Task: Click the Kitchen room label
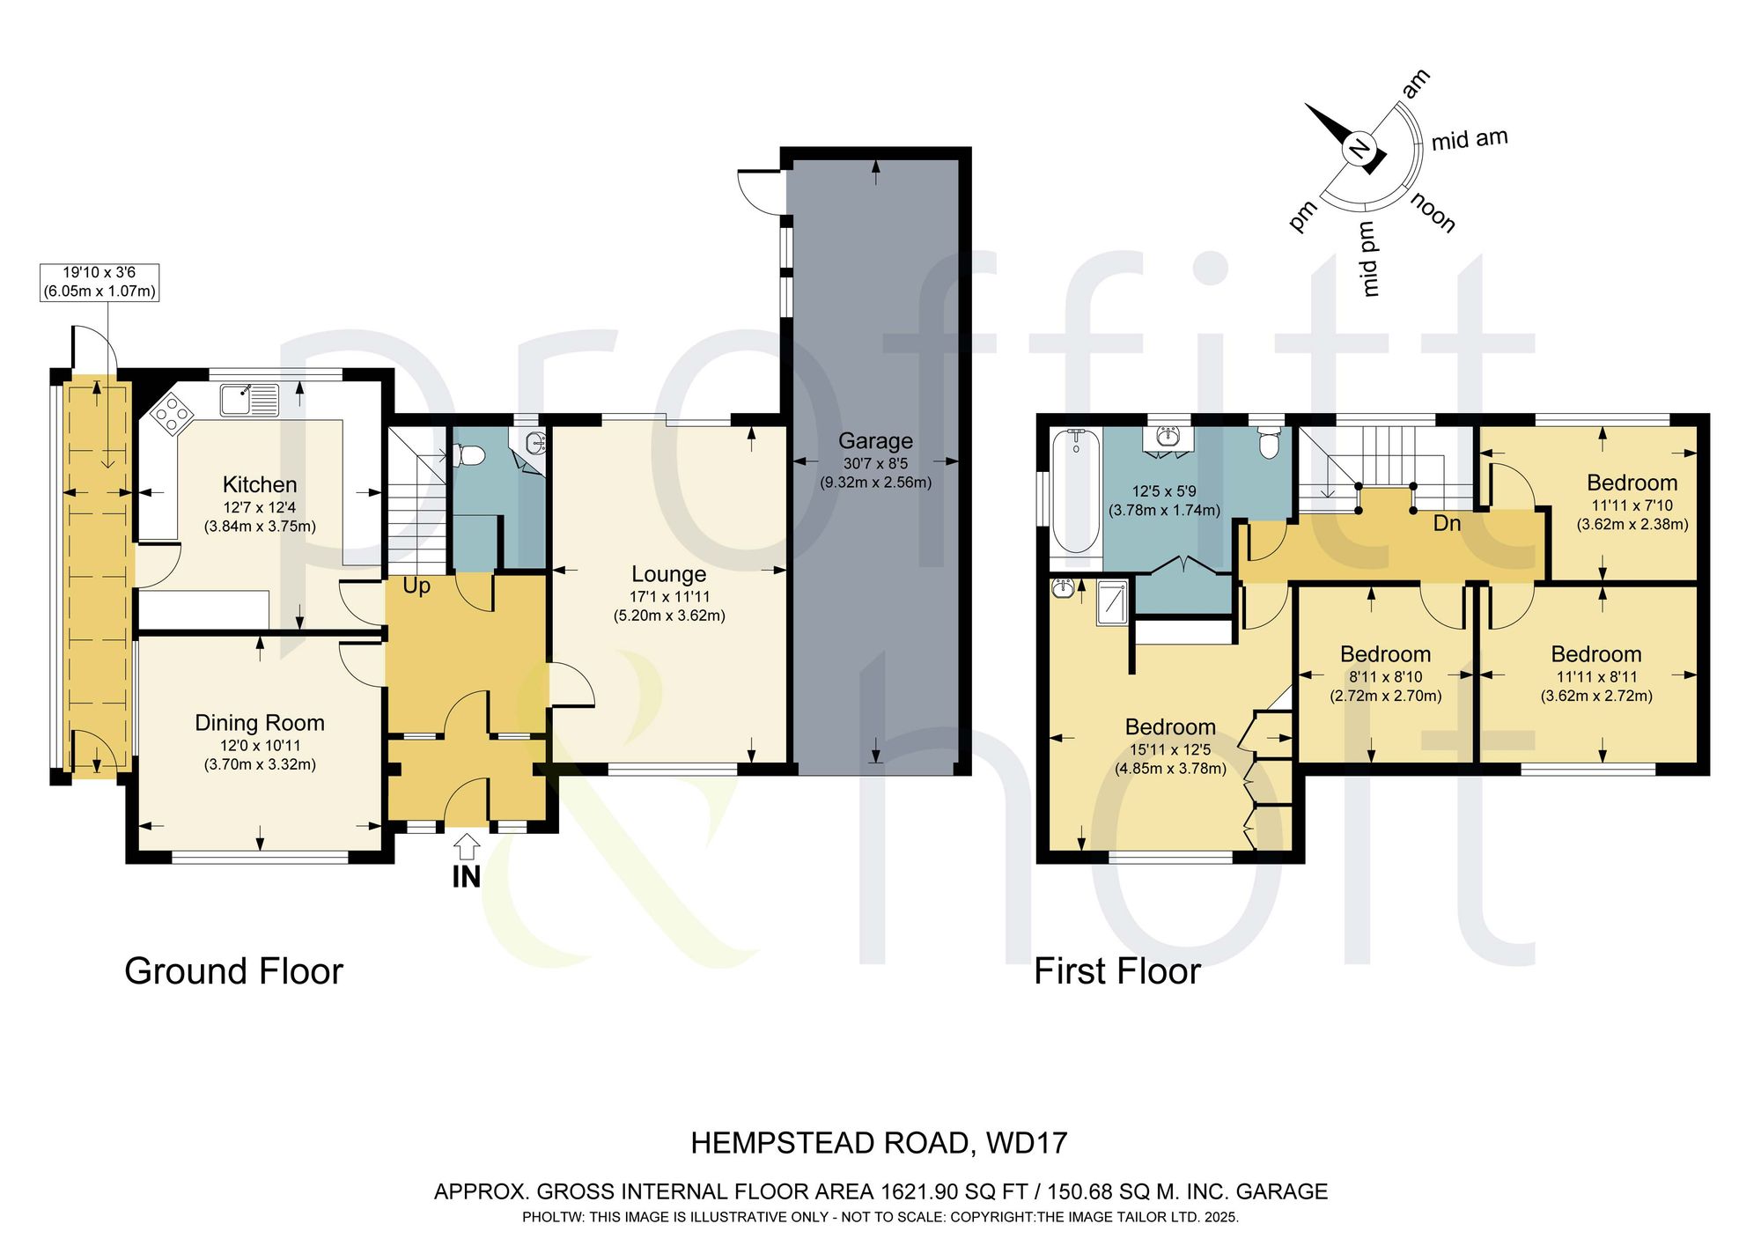tap(260, 484)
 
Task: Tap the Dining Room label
tap(260, 723)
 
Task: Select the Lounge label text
tap(669, 575)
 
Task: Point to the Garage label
tap(875, 441)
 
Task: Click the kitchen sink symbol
tap(249, 400)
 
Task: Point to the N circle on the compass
tap(1360, 150)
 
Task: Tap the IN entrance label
tap(466, 877)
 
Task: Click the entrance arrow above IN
tap(466, 846)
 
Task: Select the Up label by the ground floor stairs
tap(416, 586)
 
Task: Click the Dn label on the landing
tap(1447, 523)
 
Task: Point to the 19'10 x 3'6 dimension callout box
tap(99, 282)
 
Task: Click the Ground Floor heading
tap(233, 971)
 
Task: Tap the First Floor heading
tap(1117, 971)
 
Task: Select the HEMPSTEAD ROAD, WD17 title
tap(879, 1143)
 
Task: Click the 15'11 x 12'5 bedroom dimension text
tap(1170, 750)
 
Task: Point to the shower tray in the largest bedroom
tap(1112, 603)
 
